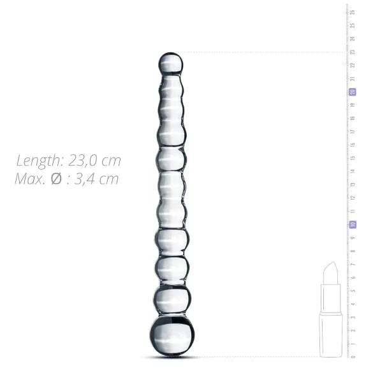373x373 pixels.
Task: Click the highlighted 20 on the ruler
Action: pyautogui.click(x=353, y=92)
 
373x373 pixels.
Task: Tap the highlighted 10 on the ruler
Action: pyautogui.click(x=353, y=224)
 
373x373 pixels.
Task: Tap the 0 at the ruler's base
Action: pyautogui.click(x=353, y=356)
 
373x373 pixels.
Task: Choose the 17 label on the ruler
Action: pyautogui.click(x=353, y=131)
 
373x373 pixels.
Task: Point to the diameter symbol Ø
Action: pyautogui.click(x=56, y=179)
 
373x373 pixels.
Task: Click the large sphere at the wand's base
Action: pyautogui.click(x=169, y=334)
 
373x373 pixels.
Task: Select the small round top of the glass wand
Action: pyautogui.click(x=170, y=63)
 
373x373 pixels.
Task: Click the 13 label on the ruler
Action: pyautogui.click(x=353, y=184)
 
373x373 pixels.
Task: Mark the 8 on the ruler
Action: pyautogui.click(x=353, y=251)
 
